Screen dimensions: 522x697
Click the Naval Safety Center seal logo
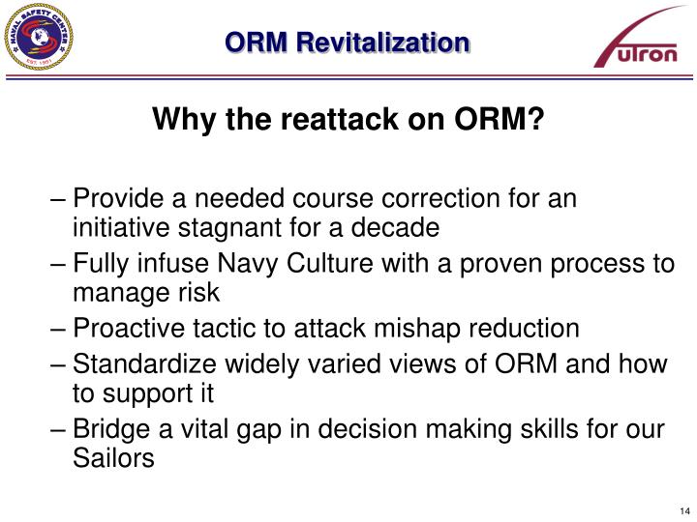coord(38,38)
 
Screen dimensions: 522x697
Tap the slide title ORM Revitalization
coord(347,43)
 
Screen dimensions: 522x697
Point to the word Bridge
coord(106,429)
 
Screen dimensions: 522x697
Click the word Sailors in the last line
coord(114,459)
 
